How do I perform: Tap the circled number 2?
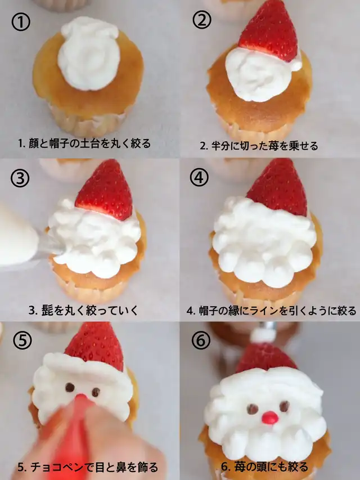tap(202, 20)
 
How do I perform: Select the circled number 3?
tap(20, 178)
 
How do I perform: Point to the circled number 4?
tap(199, 177)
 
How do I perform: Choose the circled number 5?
tap(22, 340)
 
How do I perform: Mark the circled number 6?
tap(201, 340)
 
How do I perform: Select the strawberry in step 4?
tap(278, 187)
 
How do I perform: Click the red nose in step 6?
tap(270, 418)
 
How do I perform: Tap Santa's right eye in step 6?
tap(284, 406)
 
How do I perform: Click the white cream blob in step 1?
tap(89, 53)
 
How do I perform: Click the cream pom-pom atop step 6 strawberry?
tap(264, 336)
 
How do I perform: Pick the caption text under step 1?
tap(84, 143)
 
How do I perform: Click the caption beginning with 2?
tap(259, 146)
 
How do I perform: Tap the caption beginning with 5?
tap(88, 468)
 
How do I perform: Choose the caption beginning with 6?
tap(264, 467)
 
